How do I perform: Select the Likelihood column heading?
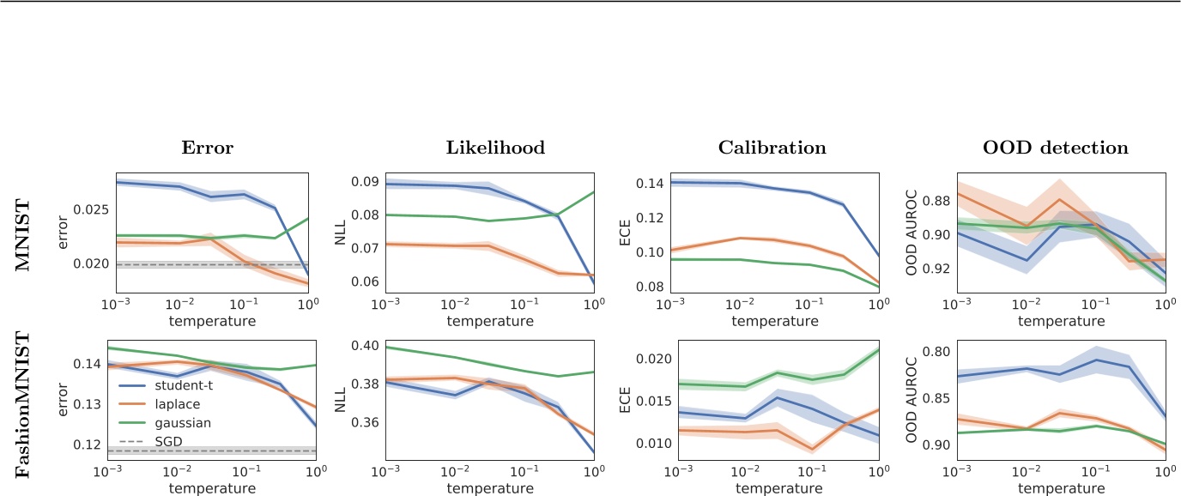pyautogui.click(x=496, y=148)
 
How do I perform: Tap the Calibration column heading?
pyautogui.click(x=772, y=148)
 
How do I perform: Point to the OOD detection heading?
pyautogui.click(x=1058, y=148)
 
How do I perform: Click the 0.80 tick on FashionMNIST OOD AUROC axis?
pyautogui.click(x=933, y=352)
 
